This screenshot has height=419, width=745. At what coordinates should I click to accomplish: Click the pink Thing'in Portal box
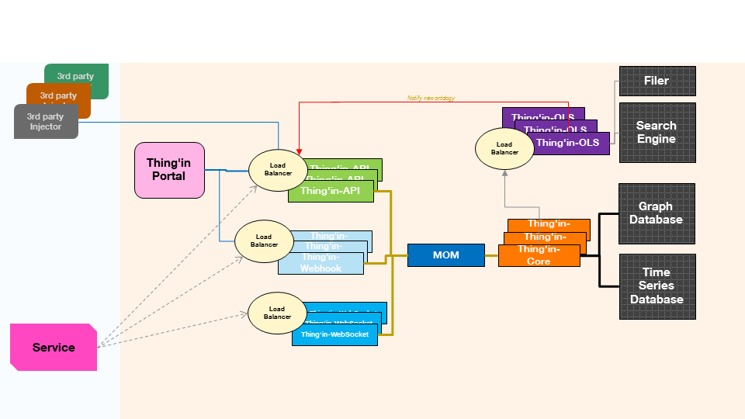(169, 170)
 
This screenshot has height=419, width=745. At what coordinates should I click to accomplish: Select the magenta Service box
(54, 347)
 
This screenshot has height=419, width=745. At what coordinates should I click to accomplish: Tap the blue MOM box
(445, 255)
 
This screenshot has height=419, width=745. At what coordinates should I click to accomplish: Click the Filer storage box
(657, 81)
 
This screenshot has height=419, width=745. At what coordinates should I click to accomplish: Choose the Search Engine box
(657, 133)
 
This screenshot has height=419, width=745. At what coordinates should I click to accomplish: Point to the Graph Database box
(656, 213)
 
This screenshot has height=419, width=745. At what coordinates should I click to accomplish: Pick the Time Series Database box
(657, 286)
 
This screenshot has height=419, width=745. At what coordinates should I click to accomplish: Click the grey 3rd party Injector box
(46, 122)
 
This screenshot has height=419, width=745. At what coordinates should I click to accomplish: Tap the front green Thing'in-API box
(331, 191)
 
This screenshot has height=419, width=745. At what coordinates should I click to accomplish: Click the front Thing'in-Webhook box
(321, 263)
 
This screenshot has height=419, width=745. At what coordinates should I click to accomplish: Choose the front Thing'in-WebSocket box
(335, 334)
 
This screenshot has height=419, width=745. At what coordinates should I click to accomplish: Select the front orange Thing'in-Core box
(539, 256)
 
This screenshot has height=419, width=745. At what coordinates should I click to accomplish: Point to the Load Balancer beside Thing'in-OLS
(504, 148)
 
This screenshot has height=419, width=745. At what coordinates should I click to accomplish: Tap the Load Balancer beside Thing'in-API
(278, 169)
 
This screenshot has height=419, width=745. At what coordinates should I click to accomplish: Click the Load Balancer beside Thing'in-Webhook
(264, 241)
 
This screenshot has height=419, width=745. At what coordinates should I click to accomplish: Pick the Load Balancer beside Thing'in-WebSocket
(277, 313)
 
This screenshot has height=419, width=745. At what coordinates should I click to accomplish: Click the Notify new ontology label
(431, 99)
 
